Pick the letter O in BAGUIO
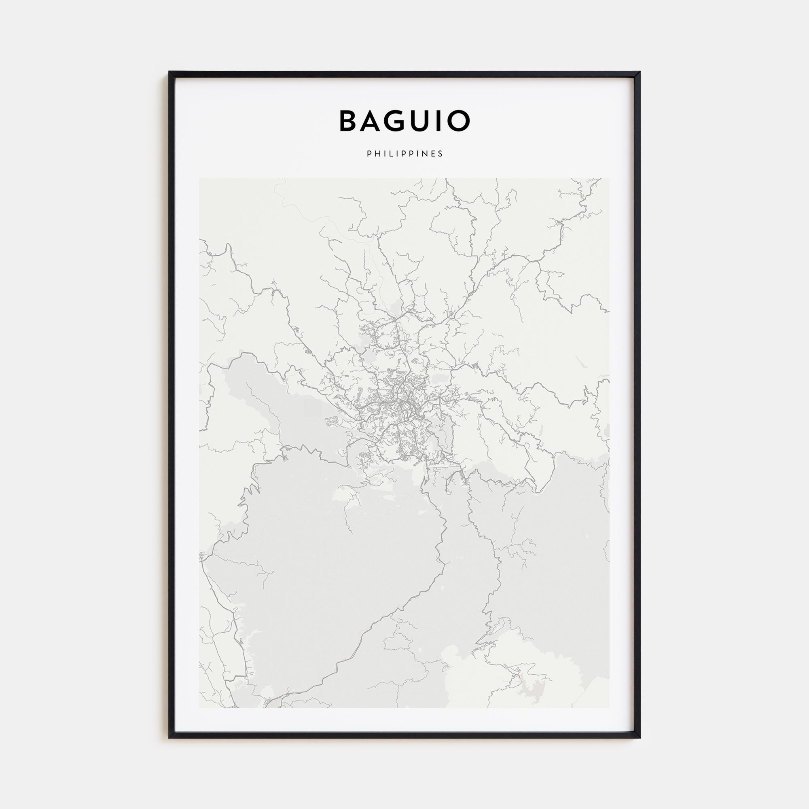tap(460, 121)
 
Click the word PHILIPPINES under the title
tap(404, 154)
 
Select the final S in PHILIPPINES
tap(441, 154)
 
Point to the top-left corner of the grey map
tap(200, 179)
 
